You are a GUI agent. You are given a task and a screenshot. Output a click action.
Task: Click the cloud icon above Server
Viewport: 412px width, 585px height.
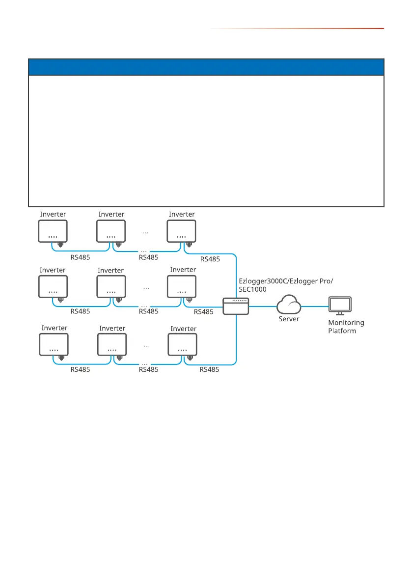pyautogui.click(x=289, y=305)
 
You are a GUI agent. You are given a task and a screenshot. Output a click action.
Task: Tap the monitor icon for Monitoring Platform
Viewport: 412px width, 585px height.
pyautogui.click(x=339, y=306)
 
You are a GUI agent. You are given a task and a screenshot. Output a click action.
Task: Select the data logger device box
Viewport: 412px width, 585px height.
pyautogui.click(x=236, y=306)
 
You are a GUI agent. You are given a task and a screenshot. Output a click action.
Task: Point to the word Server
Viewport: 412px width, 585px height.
pyautogui.click(x=289, y=319)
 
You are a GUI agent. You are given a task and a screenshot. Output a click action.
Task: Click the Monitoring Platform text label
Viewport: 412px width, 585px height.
pyautogui.click(x=346, y=327)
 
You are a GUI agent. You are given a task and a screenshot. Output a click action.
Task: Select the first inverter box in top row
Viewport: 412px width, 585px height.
pyautogui.click(x=53, y=231)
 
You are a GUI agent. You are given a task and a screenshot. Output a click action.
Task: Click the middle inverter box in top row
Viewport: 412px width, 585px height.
pyautogui.click(x=111, y=231)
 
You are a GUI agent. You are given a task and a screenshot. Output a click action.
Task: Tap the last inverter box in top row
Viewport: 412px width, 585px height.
pyautogui.click(x=181, y=231)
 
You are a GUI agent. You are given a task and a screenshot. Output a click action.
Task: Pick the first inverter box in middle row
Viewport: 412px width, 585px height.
pyautogui.click(x=53, y=287)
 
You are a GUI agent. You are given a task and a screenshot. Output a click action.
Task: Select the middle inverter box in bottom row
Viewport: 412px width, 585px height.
pyautogui.click(x=112, y=345)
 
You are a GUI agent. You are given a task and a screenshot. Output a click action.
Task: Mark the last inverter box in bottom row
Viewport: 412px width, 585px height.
pyautogui.click(x=182, y=345)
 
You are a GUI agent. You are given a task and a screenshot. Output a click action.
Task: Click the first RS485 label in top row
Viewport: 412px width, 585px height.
pyautogui.click(x=80, y=257)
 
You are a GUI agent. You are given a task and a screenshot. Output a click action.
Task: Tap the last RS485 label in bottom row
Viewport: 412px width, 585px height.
pyautogui.click(x=209, y=370)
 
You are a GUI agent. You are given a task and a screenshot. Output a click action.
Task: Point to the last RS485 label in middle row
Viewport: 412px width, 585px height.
pyautogui.click(x=204, y=311)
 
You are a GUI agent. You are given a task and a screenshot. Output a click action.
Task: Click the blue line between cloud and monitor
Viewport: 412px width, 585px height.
pyautogui.click(x=314, y=306)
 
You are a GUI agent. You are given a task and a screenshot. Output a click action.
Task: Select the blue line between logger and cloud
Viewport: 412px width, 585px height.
pyautogui.click(x=262, y=306)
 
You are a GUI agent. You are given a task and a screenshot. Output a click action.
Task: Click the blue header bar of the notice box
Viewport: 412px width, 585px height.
pyautogui.click(x=206, y=67)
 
